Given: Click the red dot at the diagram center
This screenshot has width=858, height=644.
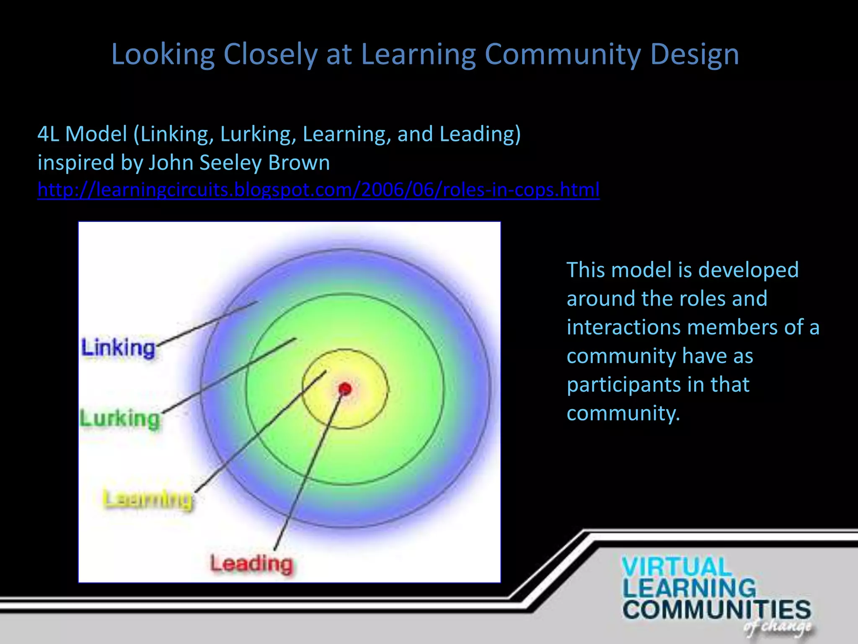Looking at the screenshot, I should coord(345,389).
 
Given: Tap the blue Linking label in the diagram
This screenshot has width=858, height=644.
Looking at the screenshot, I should coord(119,348).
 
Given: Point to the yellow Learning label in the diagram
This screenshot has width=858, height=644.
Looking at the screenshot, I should coord(148,499).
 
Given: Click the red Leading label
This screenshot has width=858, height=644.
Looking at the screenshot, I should coord(251,563).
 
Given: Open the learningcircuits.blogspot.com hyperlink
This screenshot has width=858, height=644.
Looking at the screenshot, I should coord(318,190).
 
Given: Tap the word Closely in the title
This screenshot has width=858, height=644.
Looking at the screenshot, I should coord(270,55).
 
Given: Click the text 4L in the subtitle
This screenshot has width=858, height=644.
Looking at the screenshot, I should coord(48,134).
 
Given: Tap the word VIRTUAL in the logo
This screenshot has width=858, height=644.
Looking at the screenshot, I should coord(676,567).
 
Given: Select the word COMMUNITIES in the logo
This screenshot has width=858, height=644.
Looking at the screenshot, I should coord(716,610).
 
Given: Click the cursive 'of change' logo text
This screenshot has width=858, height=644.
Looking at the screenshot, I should coord(778,626).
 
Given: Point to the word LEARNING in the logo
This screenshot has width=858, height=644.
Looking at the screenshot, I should coord(689,588).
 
